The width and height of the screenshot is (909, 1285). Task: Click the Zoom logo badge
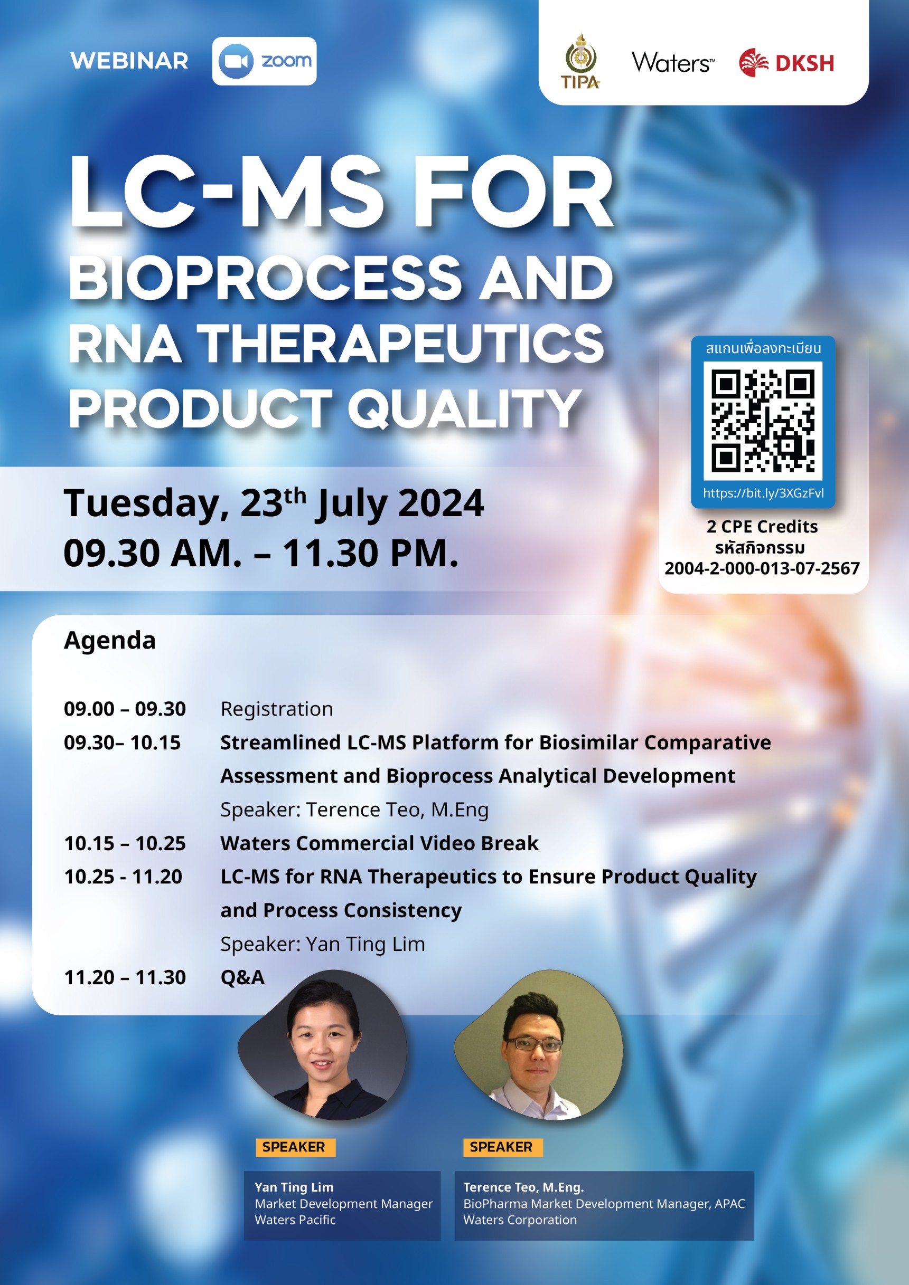pyautogui.click(x=264, y=61)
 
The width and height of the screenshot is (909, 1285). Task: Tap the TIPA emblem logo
pyautogui.click(x=580, y=61)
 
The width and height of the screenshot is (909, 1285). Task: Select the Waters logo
pyautogui.click(x=673, y=63)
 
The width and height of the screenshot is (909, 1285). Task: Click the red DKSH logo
pyautogui.click(x=786, y=62)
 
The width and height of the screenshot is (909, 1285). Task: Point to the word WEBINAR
pyautogui.click(x=129, y=61)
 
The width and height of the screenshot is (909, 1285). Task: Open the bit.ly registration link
pyautogui.click(x=763, y=493)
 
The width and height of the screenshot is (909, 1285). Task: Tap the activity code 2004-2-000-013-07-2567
pyautogui.click(x=762, y=569)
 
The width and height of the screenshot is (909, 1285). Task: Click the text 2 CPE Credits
pyautogui.click(x=762, y=527)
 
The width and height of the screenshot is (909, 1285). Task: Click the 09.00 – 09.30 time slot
pyautogui.click(x=125, y=709)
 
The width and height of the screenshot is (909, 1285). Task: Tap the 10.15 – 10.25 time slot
pyautogui.click(x=125, y=843)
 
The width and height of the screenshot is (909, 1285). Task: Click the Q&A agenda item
pyautogui.click(x=242, y=978)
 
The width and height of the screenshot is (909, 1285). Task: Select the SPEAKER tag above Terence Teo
pyautogui.click(x=502, y=1147)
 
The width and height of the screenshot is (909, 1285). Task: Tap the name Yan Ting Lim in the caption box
pyautogui.click(x=294, y=1187)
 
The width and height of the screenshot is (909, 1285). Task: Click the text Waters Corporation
pyautogui.click(x=520, y=1220)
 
